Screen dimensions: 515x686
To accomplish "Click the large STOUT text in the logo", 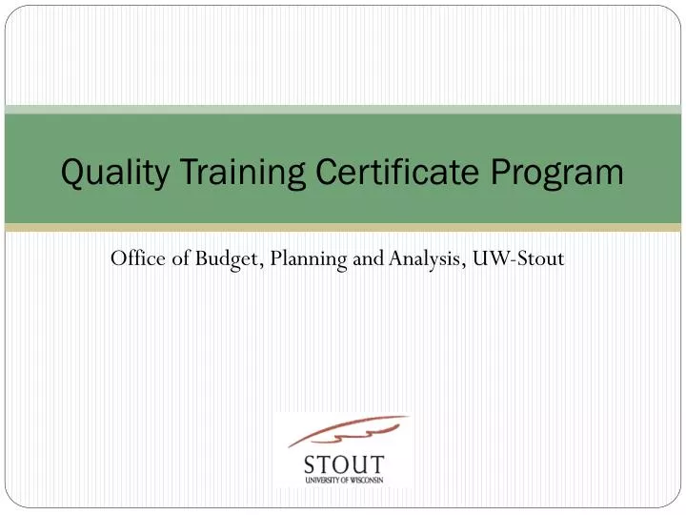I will coord(344,466).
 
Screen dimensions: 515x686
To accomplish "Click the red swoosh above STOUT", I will coord(348,432).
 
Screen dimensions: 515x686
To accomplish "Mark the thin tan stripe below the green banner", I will coord(343,228).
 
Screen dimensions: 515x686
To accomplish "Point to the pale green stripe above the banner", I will coord(343,110).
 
